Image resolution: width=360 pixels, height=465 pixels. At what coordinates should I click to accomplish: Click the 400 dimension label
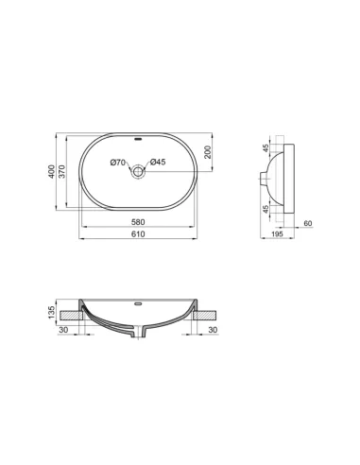(51, 171)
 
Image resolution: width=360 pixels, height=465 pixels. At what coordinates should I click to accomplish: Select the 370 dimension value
(62, 171)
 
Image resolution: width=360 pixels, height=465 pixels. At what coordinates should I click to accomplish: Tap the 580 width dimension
(138, 222)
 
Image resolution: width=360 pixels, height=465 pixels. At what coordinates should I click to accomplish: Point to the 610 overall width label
(138, 233)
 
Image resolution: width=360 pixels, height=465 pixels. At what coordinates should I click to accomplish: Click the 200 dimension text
(208, 152)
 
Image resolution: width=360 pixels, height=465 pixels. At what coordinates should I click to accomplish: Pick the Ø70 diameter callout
(118, 163)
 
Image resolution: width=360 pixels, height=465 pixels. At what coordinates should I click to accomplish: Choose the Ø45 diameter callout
(158, 162)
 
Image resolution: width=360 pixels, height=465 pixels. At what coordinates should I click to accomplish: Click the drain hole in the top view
(138, 171)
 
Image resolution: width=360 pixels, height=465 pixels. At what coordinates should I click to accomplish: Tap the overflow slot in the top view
(138, 139)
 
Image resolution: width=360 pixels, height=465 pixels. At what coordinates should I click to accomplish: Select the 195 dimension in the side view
(277, 233)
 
